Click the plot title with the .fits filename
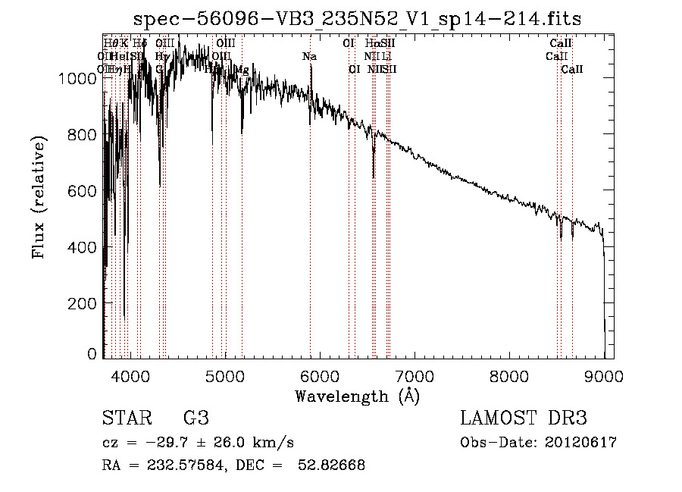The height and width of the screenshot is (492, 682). [x=358, y=20]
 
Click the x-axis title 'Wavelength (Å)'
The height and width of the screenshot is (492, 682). [x=358, y=396]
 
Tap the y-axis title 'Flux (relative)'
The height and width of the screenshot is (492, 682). [x=39, y=196]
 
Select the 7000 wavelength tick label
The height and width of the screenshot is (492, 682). [x=415, y=375]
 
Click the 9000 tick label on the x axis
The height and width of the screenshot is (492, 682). [x=604, y=375]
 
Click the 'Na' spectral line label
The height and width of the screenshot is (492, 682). [x=309, y=57]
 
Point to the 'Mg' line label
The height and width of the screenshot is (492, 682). [x=242, y=69]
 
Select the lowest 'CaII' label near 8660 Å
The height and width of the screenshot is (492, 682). [x=572, y=69]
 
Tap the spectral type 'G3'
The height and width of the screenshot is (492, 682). [x=196, y=418]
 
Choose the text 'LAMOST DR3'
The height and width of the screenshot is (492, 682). [x=524, y=418]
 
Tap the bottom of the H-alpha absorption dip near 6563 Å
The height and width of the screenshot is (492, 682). [x=374, y=177]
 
